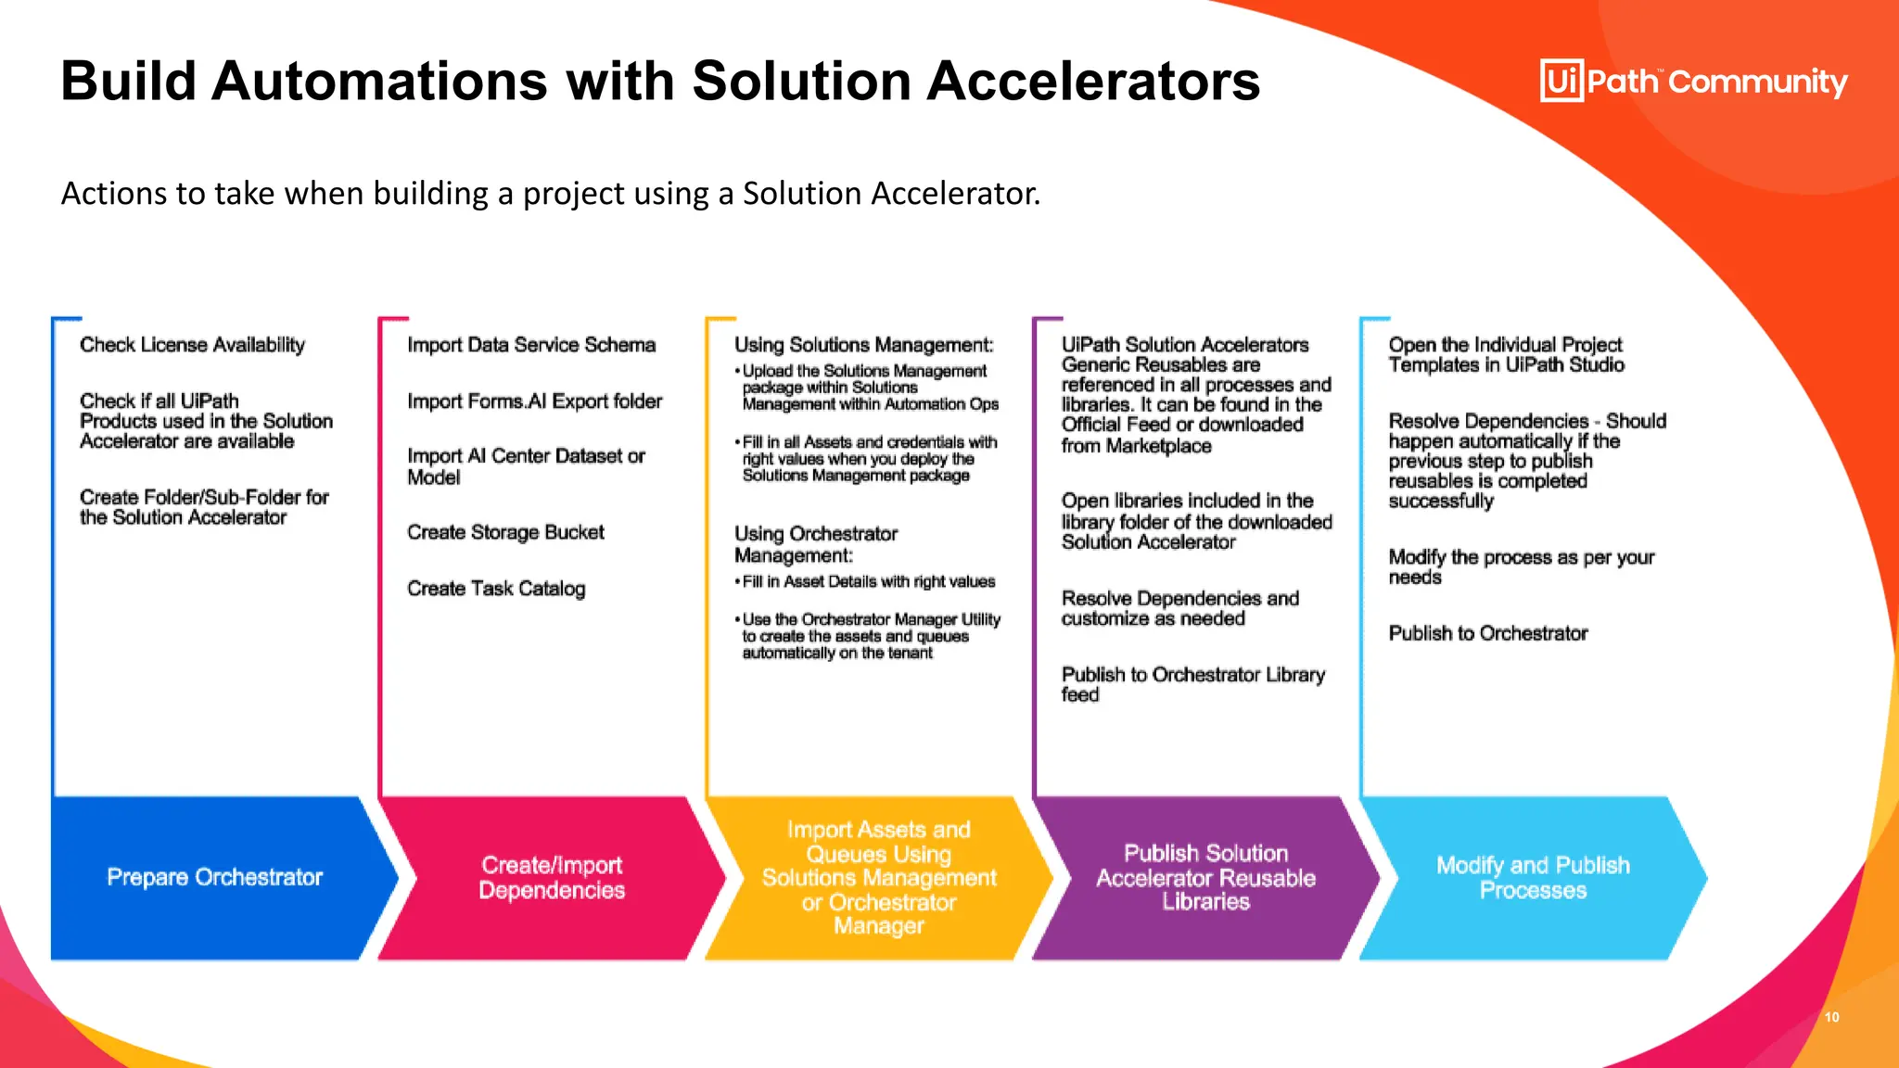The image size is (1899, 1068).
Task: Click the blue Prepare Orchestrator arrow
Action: click(215, 877)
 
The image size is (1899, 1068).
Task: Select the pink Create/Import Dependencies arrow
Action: click(552, 877)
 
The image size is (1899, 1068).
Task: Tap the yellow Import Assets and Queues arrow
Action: click(878, 877)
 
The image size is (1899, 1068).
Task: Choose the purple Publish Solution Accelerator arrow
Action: click(1205, 877)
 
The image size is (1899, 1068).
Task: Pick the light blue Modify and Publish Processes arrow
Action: click(1533, 877)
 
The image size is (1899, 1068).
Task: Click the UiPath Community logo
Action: click(1693, 82)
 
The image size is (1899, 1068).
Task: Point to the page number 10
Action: click(1831, 1017)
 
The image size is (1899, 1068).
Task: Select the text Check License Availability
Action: click(192, 345)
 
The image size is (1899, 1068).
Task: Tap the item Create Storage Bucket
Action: click(505, 532)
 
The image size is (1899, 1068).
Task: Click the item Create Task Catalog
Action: click(496, 589)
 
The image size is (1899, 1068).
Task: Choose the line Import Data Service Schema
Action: click(531, 345)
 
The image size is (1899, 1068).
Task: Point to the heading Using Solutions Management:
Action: click(863, 345)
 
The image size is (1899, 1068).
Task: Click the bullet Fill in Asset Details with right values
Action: click(868, 582)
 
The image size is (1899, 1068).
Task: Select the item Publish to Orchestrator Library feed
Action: click(1192, 684)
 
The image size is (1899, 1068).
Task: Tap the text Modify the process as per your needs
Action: click(1521, 566)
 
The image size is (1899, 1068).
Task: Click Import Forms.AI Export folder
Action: click(534, 401)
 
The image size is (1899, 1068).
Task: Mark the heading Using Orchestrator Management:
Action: click(816, 544)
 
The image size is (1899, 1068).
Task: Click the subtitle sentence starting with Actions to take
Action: click(551, 194)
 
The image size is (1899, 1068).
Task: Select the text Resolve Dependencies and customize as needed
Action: click(1179, 608)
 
